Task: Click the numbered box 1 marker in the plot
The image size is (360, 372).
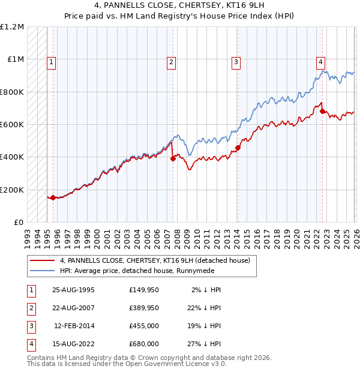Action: click(51, 61)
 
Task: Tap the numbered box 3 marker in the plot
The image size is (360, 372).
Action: click(236, 61)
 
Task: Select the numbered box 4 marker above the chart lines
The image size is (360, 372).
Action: click(321, 61)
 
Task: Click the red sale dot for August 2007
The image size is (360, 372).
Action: click(173, 158)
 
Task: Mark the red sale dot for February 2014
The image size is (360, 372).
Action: click(238, 148)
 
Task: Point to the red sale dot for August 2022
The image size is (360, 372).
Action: click(322, 111)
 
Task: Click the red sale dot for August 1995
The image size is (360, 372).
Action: click(53, 197)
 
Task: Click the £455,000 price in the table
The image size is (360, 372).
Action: click(144, 326)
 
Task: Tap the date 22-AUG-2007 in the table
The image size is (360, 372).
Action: click(73, 308)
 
